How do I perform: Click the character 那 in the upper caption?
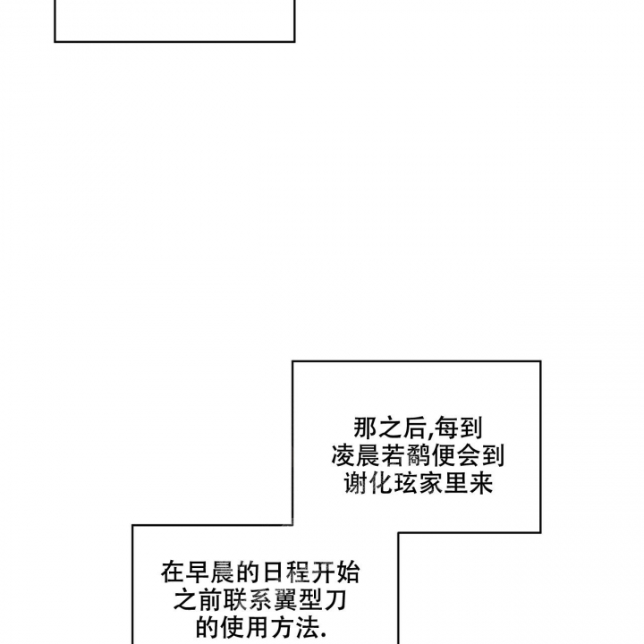click(366, 428)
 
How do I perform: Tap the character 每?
click(445, 428)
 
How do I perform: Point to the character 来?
click(481, 483)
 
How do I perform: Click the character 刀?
click(335, 599)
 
